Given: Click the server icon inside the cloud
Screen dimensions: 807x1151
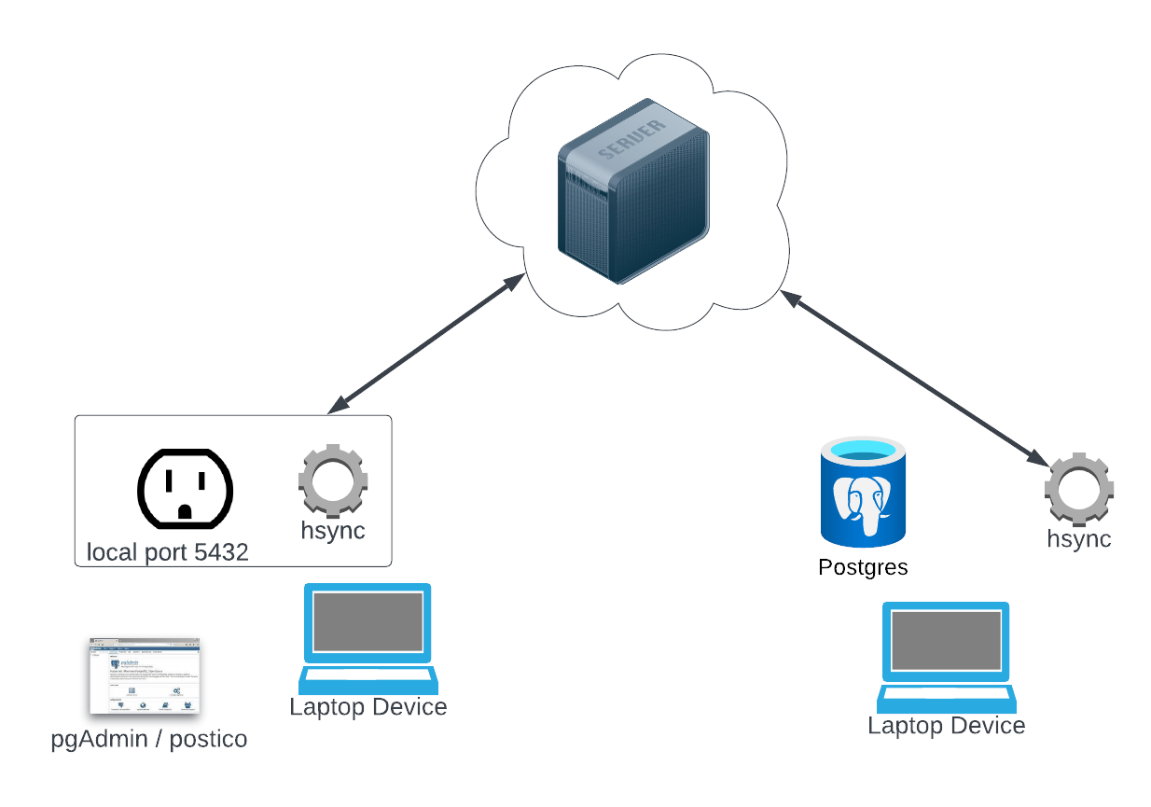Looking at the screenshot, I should click(632, 191).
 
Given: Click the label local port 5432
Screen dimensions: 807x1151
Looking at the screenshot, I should click(168, 552).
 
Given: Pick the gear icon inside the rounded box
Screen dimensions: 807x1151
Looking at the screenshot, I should click(332, 482).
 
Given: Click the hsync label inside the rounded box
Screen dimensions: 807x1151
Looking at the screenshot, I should click(332, 531).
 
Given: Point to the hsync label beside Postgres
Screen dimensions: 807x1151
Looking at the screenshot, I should click(1079, 538).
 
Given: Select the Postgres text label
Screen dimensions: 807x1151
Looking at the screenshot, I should click(863, 566).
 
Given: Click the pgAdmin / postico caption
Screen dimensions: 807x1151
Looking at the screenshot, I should click(149, 739).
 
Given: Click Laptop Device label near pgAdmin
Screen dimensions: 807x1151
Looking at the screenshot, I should click(367, 706).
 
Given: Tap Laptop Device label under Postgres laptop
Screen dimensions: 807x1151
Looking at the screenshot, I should click(946, 725).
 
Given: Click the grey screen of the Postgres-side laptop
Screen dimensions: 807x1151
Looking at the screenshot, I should click(946, 639).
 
